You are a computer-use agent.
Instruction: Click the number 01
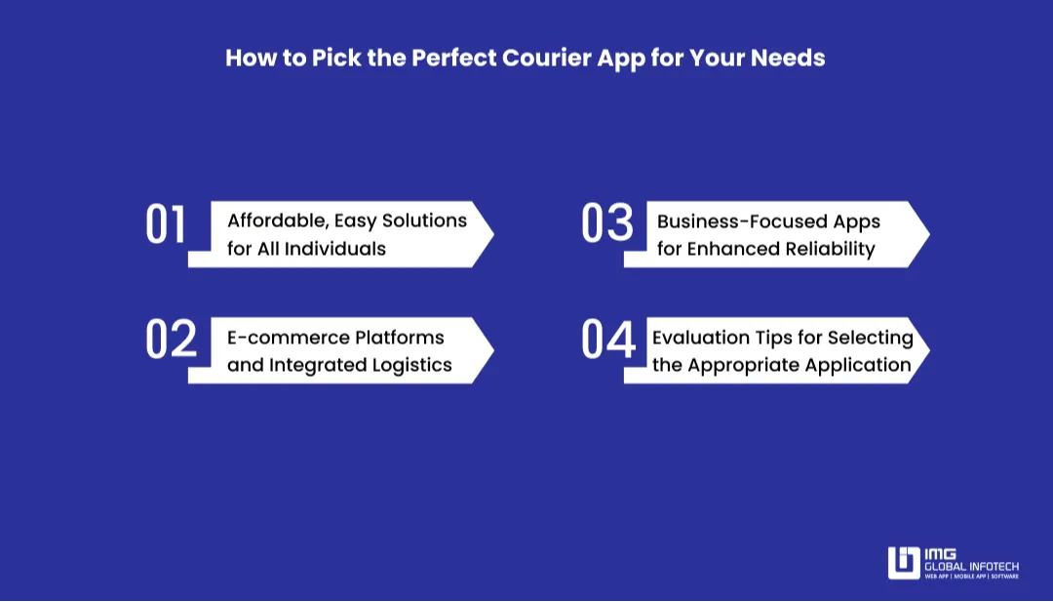pos(165,223)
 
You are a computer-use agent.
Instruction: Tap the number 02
pos(172,340)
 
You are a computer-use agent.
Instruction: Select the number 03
pos(607,222)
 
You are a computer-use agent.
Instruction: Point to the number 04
pos(607,340)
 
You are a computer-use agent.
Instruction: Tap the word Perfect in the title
pos(454,58)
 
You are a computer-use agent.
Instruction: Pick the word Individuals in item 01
pos(335,249)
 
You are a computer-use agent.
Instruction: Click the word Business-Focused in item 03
pos(743,221)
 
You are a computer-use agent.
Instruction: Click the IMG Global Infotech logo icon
pos(904,563)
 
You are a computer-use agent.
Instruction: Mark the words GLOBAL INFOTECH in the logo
pos(972,567)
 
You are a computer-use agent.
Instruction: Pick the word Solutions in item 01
pos(424,221)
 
